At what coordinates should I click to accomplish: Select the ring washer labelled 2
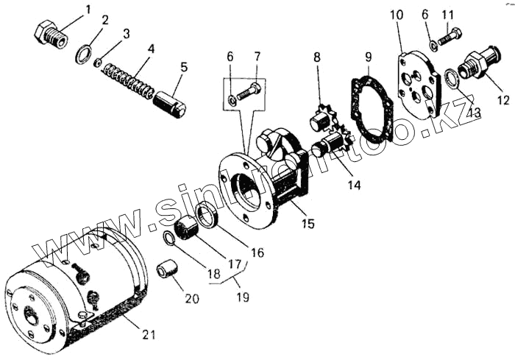tap(85, 54)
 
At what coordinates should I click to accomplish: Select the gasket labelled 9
tap(372, 103)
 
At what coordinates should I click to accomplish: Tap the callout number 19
tap(242, 297)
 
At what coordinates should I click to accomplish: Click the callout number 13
tap(476, 112)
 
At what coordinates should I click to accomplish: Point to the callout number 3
tap(127, 34)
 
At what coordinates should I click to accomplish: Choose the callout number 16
tap(257, 253)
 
